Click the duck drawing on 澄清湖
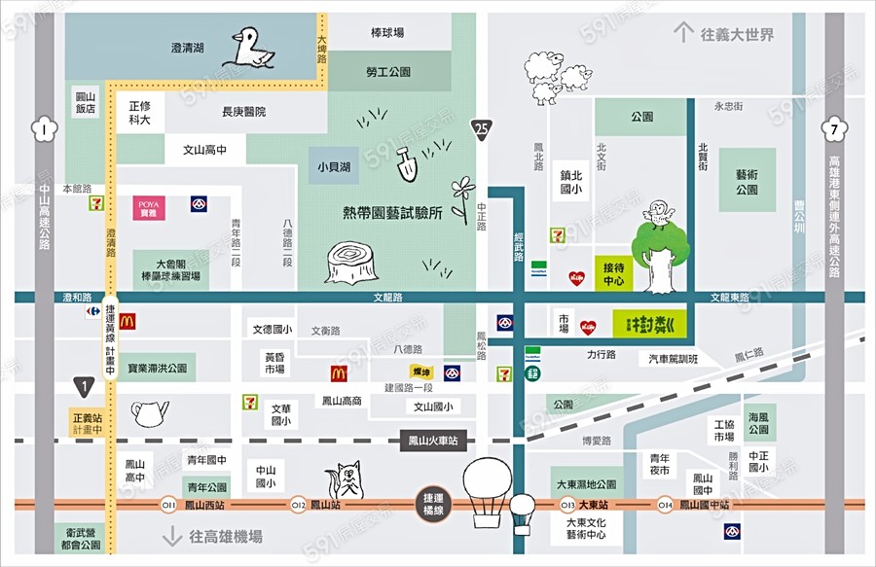[252, 48]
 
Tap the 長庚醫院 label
[243, 112]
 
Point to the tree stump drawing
[349, 263]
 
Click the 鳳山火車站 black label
[435, 442]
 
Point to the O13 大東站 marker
[567, 505]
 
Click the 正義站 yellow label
[86, 423]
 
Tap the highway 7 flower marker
[834, 128]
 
